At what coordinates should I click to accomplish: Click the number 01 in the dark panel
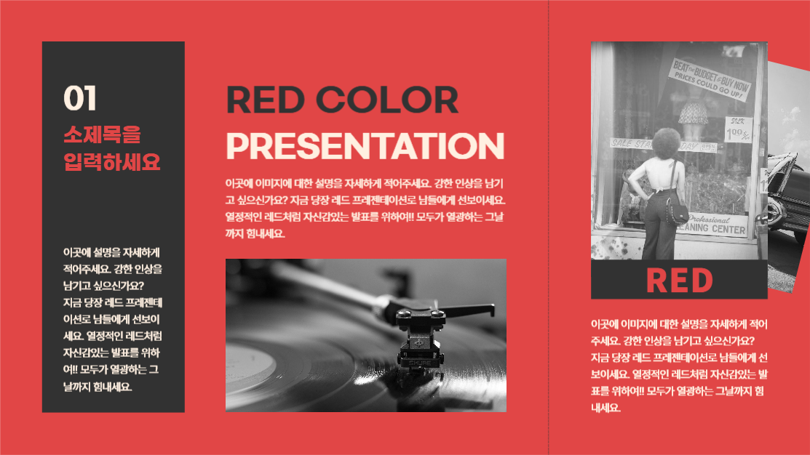pos(80,98)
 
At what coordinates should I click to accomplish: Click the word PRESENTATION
pos(365,145)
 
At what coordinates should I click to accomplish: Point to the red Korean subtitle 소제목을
pos(102,134)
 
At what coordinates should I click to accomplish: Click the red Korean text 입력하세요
pos(112,161)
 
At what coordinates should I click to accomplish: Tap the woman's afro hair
pos(667,142)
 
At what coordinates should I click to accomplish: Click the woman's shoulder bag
pos(678,214)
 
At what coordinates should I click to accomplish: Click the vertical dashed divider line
pos(549,227)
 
